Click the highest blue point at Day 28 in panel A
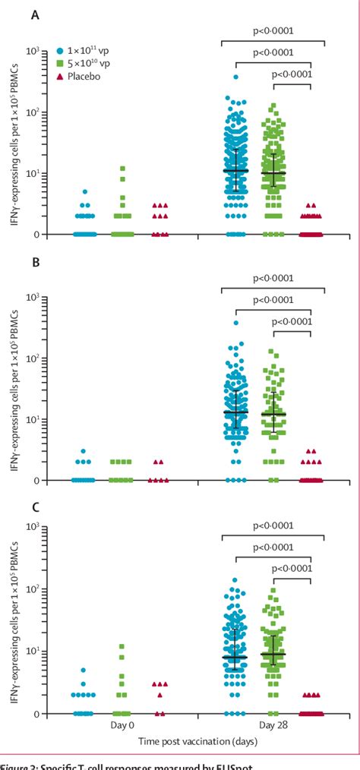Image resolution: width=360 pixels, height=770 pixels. point(236,77)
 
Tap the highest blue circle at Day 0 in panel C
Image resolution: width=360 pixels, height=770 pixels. point(85,671)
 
